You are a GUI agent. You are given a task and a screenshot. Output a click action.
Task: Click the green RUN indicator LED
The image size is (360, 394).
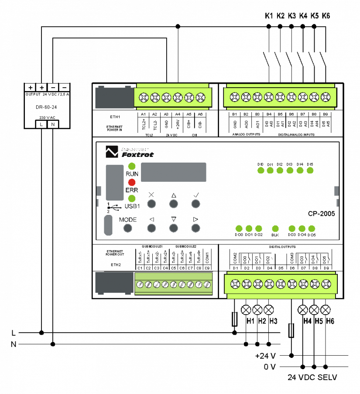point(132,166)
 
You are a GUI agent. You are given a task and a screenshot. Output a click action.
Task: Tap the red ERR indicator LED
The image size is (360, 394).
point(132,182)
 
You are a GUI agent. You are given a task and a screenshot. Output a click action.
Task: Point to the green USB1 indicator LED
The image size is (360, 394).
point(132,198)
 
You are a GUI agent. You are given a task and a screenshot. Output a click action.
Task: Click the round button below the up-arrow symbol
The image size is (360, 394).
point(173,204)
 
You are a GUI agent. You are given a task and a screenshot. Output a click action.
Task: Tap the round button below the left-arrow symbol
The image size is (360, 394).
point(151,228)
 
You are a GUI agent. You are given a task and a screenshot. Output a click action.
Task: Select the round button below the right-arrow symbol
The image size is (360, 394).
point(195,228)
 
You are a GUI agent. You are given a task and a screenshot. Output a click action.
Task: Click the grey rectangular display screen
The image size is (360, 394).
point(173,172)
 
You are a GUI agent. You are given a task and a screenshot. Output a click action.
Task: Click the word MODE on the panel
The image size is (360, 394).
point(128,220)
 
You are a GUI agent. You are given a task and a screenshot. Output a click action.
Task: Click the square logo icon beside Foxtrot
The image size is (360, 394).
point(112,152)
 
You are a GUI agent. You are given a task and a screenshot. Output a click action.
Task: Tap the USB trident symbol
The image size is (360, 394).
point(114,207)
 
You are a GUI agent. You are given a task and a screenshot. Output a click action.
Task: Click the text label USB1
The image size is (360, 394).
point(132,206)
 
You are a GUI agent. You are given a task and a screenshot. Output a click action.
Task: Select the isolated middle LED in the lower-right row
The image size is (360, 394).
point(275,228)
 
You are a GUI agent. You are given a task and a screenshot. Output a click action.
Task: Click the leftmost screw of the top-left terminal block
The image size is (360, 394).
point(144,97)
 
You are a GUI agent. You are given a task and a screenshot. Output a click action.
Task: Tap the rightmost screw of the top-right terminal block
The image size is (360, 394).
point(326,97)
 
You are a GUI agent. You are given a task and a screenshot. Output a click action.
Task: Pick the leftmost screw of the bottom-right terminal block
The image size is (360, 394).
point(235,284)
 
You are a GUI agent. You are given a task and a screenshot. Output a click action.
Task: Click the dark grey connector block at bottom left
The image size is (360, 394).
point(114,283)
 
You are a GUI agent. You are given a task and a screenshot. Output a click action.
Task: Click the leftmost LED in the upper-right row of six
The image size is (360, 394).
point(261,170)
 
